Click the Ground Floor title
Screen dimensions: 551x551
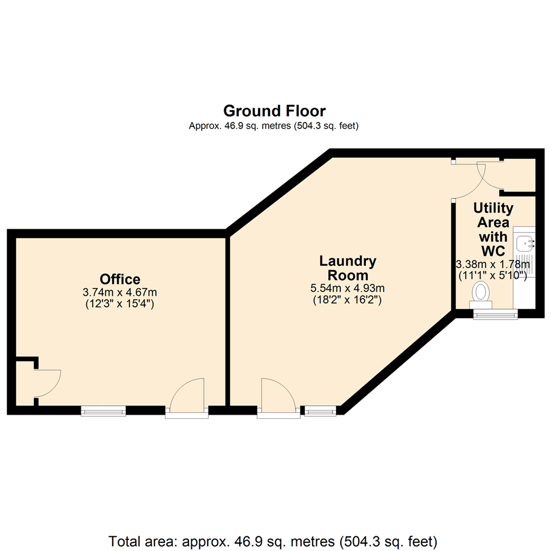coord(274,111)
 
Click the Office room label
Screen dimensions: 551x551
coord(120,279)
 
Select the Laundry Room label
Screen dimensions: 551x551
coord(348,268)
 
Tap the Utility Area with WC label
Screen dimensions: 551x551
coord(493,230)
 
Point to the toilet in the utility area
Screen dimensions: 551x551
coord(481,294)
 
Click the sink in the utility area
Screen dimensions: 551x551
coord(524,244)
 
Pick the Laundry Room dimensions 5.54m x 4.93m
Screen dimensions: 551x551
coord(348,288)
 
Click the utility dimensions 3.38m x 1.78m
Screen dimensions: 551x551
coord(493,264)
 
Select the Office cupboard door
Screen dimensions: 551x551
coord(47,383)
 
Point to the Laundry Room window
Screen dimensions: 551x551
coord(321,410)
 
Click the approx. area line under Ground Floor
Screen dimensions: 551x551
coord(274,126)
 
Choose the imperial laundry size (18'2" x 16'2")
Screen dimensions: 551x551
coord(348,300)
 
